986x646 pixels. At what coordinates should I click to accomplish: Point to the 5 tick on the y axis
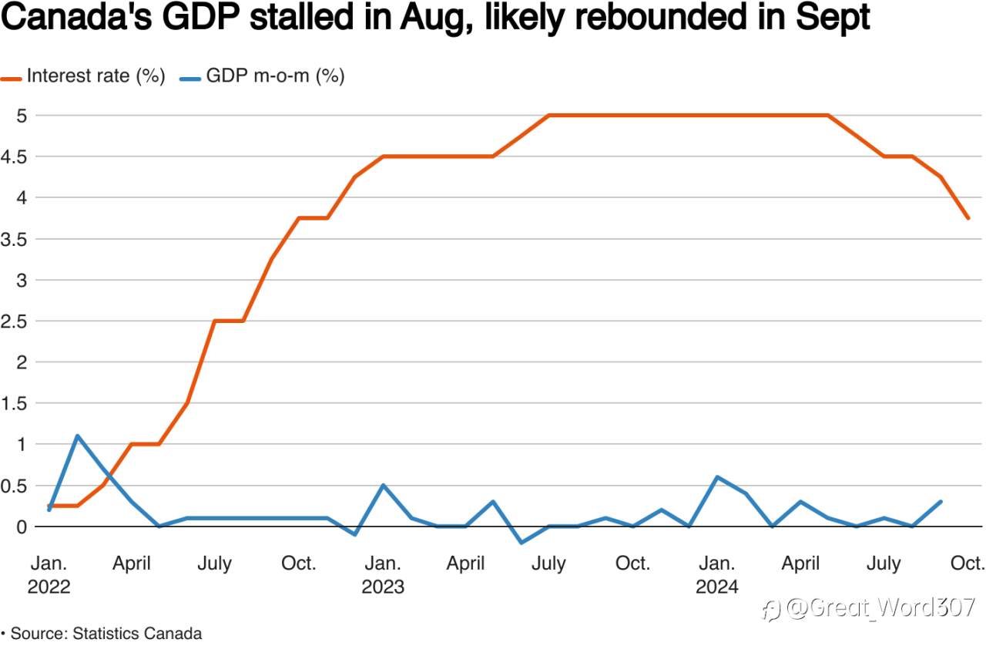[22, 116]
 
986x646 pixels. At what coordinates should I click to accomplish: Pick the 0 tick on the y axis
[22, 527]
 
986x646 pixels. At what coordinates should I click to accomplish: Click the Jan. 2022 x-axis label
[49, 575]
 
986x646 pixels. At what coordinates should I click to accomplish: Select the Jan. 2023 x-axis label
[383, 575]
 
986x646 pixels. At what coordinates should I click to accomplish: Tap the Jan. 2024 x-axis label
[716, 575]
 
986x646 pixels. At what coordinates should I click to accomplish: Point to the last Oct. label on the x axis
[966, 564]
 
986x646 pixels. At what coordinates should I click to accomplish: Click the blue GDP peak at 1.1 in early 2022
[77, 436]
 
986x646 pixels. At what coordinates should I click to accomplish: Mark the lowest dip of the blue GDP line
[522, 543]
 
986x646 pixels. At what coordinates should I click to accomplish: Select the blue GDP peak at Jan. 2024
[718, 477]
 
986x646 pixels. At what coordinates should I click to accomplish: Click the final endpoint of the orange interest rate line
[968, 218]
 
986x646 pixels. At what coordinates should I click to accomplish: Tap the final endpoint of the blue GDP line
[940, 502]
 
